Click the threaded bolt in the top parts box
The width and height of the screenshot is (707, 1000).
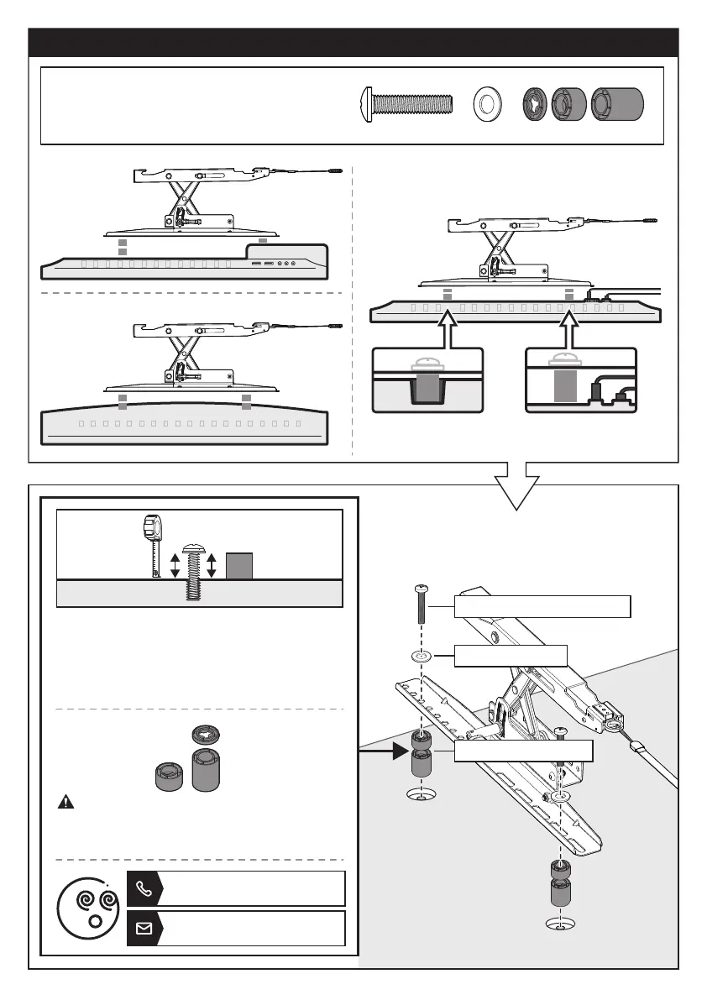406,104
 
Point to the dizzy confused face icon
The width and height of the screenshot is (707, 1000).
90,908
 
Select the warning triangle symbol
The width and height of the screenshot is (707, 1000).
65,802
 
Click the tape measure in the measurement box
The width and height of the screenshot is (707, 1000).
152,543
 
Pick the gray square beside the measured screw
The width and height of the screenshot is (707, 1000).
239,564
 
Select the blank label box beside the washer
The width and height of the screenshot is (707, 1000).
511,656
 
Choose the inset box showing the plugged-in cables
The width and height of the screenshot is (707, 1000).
581,380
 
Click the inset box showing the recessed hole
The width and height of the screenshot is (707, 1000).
427,380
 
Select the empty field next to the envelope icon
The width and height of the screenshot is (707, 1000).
252,928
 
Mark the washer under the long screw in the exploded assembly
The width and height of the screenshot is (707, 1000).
421,656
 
